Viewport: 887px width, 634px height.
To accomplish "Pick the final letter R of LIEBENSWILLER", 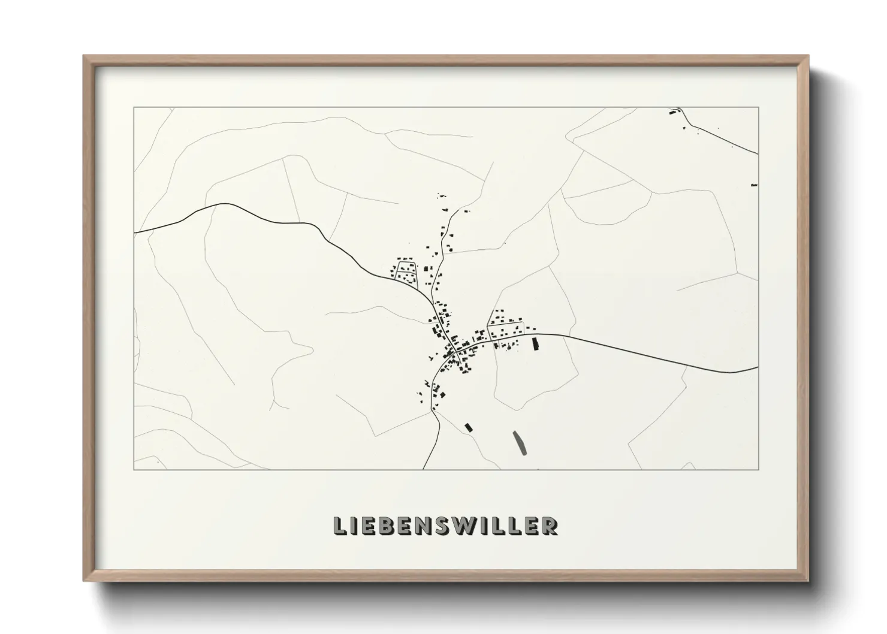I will click(550, 526).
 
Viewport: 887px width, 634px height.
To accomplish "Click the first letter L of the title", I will click(340, 526).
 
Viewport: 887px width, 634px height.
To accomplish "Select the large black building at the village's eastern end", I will click(536, 343).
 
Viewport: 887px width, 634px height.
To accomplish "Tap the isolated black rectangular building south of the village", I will click(469, 427).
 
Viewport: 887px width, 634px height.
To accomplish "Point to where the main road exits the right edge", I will click(758, 369).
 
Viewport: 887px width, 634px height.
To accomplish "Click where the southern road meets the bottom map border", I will click(424, 469).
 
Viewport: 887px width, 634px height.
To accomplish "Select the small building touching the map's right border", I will click(754, 185).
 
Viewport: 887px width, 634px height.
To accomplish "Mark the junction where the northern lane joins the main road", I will click(430, 298).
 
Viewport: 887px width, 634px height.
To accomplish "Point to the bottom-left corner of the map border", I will click(134, 469).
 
